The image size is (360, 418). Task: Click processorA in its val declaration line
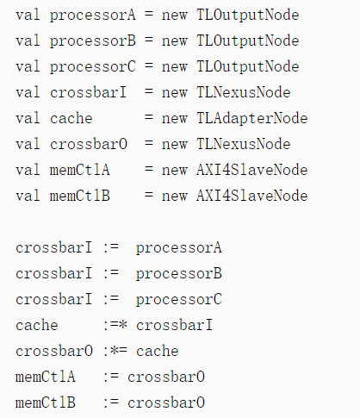coord(92,16)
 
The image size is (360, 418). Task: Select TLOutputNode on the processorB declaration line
coord(248,41)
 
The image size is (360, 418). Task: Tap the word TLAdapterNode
coord(251,118)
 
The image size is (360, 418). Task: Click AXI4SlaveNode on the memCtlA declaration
coord(251,170)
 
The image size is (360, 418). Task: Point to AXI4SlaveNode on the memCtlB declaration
coord(251,196)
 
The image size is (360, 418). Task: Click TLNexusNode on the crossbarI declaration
coord(244,92)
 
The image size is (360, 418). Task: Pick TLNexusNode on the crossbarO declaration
coord(244,144)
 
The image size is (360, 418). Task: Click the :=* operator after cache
coord(115,325)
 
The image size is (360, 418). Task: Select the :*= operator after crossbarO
coord(115,351)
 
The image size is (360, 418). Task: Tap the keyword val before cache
coord(28,118)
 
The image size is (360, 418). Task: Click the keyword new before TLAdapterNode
coord(175,118)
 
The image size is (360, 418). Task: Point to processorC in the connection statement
coord(179,299)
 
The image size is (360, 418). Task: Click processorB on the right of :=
coord(179,273)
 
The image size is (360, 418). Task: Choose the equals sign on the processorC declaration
coord(149,66)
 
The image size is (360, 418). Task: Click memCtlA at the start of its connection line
coord(46,377)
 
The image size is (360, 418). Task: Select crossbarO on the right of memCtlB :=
coord(166,402)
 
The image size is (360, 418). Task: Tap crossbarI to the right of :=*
coord(174,325)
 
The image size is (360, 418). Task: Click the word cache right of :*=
coord(158,351)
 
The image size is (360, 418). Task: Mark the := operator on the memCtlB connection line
coord(111,402)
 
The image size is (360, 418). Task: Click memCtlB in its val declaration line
coord(80,196)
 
